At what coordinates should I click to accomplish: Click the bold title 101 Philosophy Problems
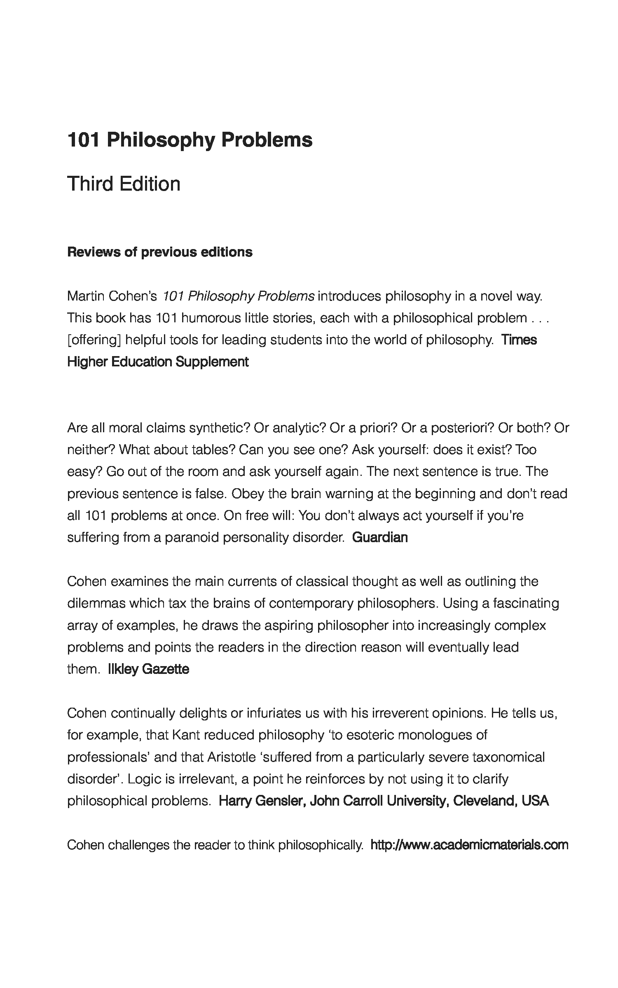[x=190, y=140]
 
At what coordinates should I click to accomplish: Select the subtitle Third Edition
[x=124, y=184]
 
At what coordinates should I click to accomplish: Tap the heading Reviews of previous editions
[x=160, y=252]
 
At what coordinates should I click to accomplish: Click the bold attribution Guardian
[x=380, y=537]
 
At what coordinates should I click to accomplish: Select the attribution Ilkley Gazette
[x=148, y=669]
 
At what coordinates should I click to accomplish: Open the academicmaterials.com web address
[x=469, y=845]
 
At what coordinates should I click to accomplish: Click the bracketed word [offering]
[x=94, y=340]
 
